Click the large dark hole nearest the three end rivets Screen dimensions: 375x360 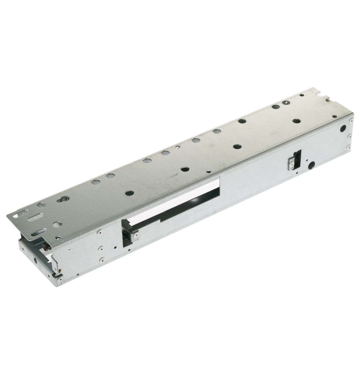(342, 128)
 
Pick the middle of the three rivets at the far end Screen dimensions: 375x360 (349, 136)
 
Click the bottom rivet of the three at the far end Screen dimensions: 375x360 (348, 148)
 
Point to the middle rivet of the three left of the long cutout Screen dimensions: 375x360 (101, 249)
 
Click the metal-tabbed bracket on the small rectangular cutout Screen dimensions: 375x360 (292, 163)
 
